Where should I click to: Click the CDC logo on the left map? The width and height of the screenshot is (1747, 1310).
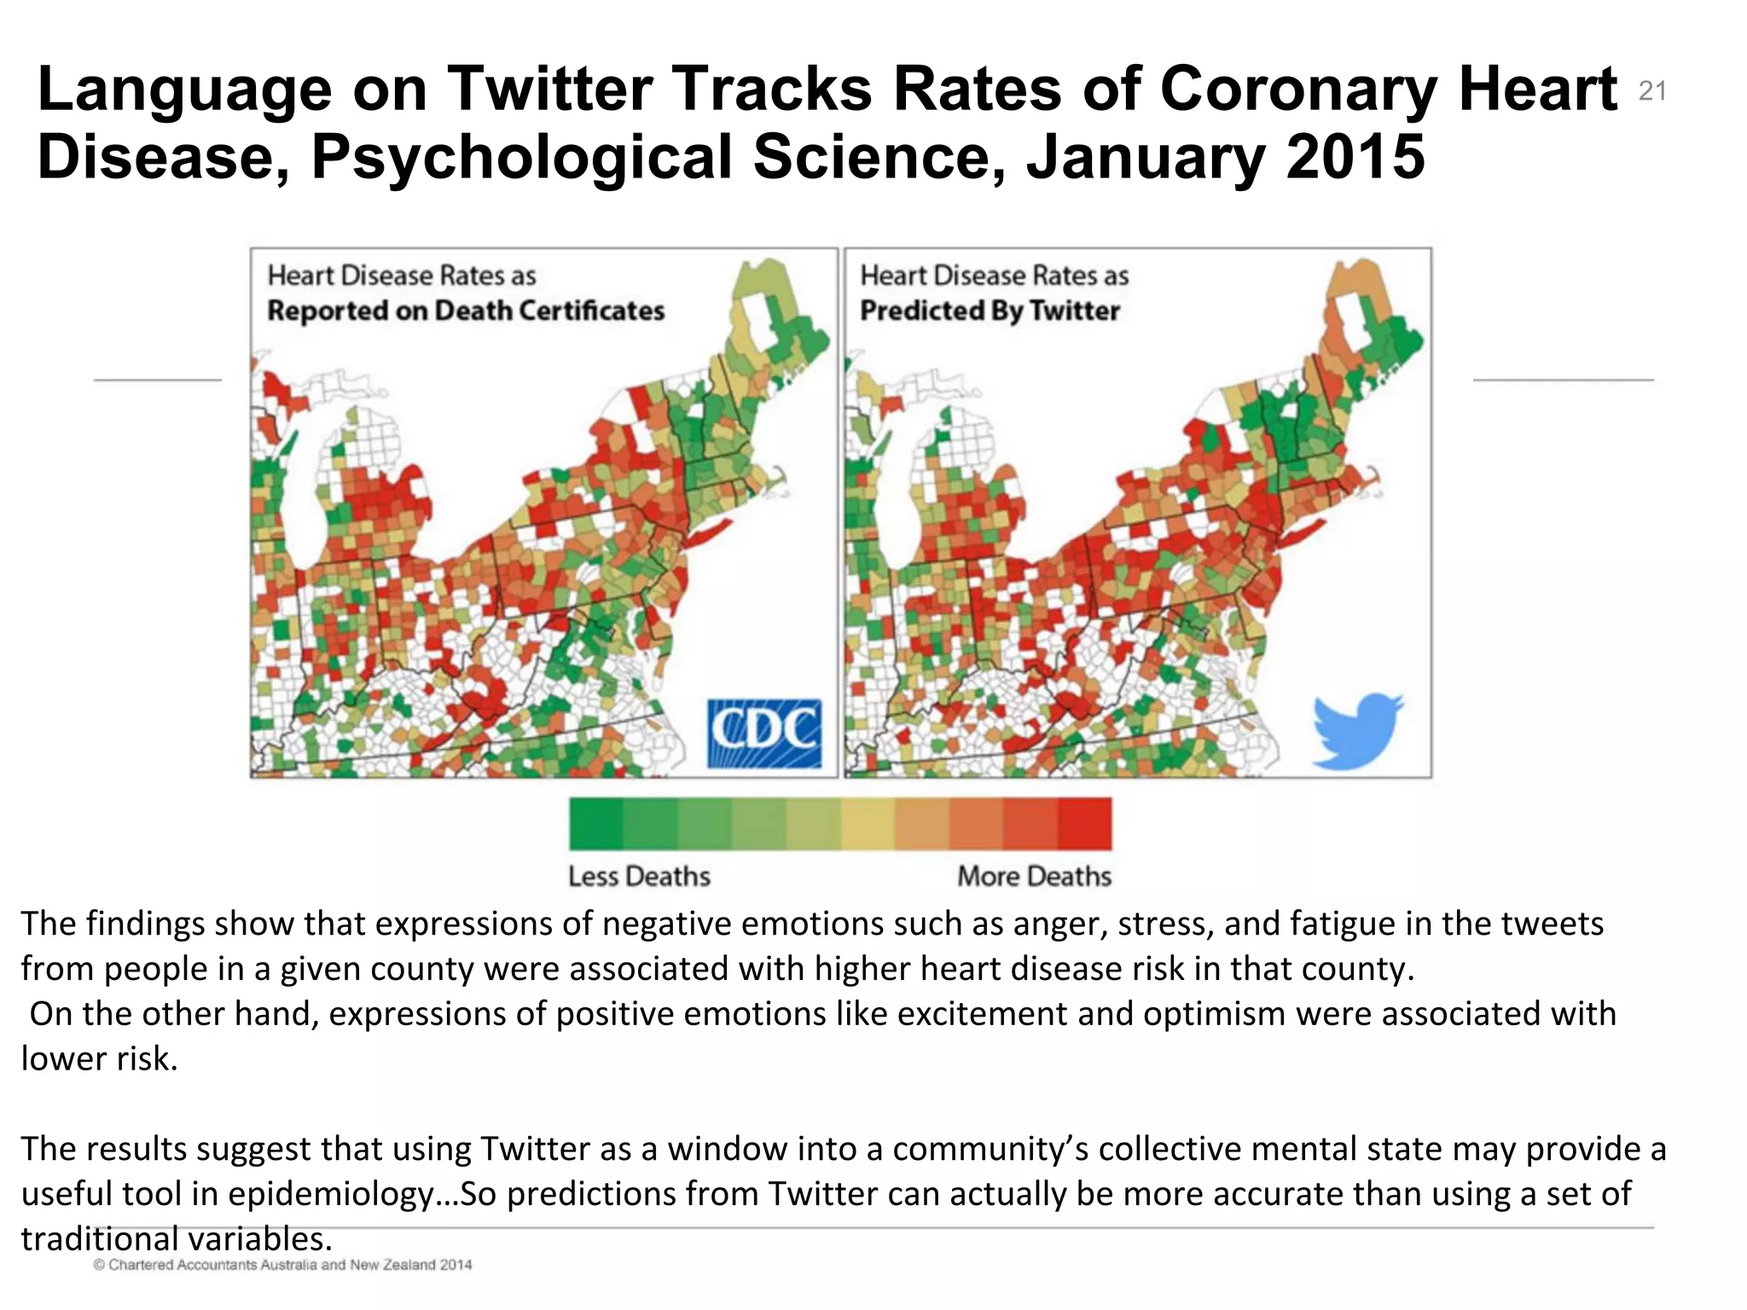pos(764,733)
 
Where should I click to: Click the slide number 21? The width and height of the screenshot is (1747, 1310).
pos(1652,90)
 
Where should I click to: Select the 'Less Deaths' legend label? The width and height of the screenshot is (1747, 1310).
pos(639,876)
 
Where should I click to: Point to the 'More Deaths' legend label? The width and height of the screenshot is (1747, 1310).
pos(1034,876)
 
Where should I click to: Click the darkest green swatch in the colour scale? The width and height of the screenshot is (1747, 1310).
pos(596,824)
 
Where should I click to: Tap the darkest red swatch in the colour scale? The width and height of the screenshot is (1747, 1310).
pos(1085,824)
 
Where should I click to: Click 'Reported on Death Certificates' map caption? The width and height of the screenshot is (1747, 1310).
pos(466,310)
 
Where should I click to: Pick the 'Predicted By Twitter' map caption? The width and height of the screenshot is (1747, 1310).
pos(990,310)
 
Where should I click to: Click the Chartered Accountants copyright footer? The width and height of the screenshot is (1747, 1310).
pos(282,1265)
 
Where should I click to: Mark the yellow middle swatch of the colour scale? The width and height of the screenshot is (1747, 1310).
pos(868,824)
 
